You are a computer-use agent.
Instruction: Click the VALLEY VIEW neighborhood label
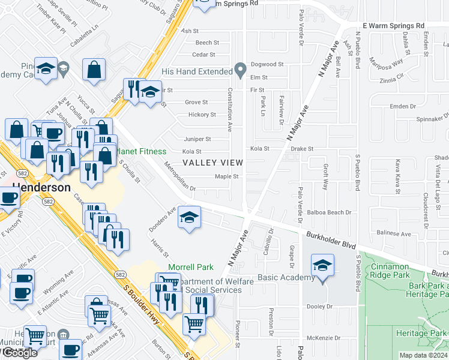pyautogui.click(x=212, y=163)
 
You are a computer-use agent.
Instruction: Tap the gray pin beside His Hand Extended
pyautogui.click(x=240, y=71)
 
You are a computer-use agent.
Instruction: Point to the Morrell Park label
pyautogui.click(x=190, y=266)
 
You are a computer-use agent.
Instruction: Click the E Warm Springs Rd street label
pyautogui.click(x=394, y=26)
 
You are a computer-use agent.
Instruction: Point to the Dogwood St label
pyautogui.click(x=267, y=64)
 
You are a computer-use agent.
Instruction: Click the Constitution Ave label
pyautogui.click(x=229, y=109)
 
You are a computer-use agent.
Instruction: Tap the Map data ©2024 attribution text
pyautogui.click(x=423, y=355)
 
